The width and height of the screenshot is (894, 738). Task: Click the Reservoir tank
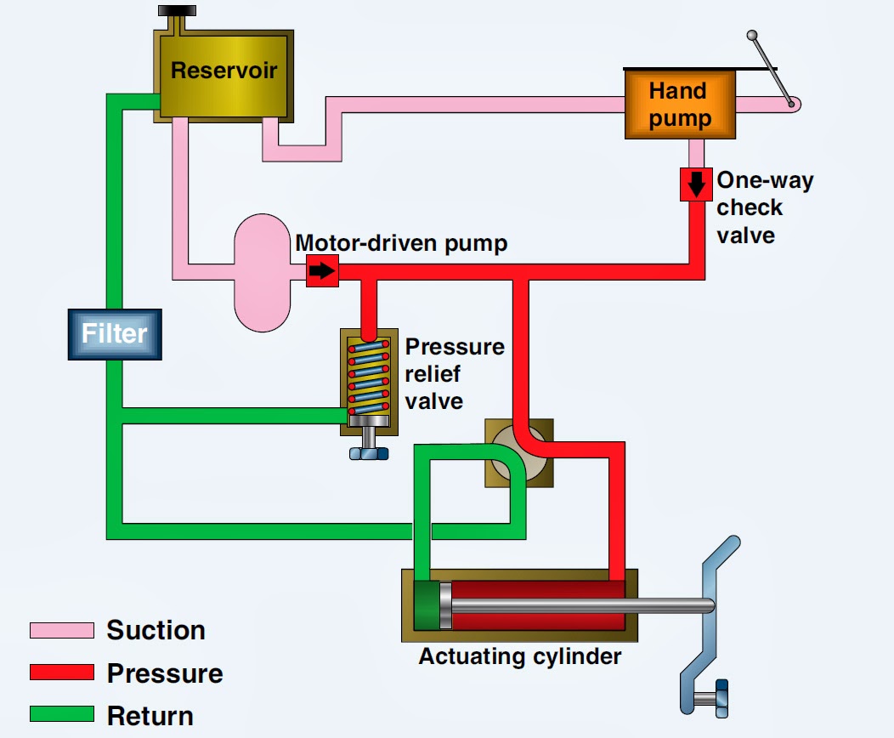[x=224, y=75]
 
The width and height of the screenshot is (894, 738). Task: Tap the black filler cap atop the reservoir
[x=177, y=11]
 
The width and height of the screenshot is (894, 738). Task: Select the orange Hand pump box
[x=680, y=104]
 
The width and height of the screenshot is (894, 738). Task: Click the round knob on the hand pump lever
[x=752, y=36]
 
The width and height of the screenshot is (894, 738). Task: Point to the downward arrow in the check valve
[x=696, y=184]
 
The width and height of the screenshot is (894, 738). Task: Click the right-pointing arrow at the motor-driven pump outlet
[x=322, y=271]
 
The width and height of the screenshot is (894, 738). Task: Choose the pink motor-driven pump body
[x=263, y=272]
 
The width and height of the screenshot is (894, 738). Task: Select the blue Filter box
[x=115, y=333]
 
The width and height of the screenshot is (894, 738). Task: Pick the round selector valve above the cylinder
[x=519, y=452]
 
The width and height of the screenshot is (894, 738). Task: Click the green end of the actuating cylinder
[x=427, y=605]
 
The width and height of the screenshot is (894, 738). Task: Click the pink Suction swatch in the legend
[x=61, y=630]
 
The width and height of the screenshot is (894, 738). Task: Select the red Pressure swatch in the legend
[x=61, y=673]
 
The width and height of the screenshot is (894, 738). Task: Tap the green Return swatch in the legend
[x=61, y=715]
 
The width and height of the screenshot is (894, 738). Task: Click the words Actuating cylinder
[x=520, y=656]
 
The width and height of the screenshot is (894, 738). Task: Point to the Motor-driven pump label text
[x=401, y=243]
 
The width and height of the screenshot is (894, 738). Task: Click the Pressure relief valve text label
[x=455, y=374]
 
